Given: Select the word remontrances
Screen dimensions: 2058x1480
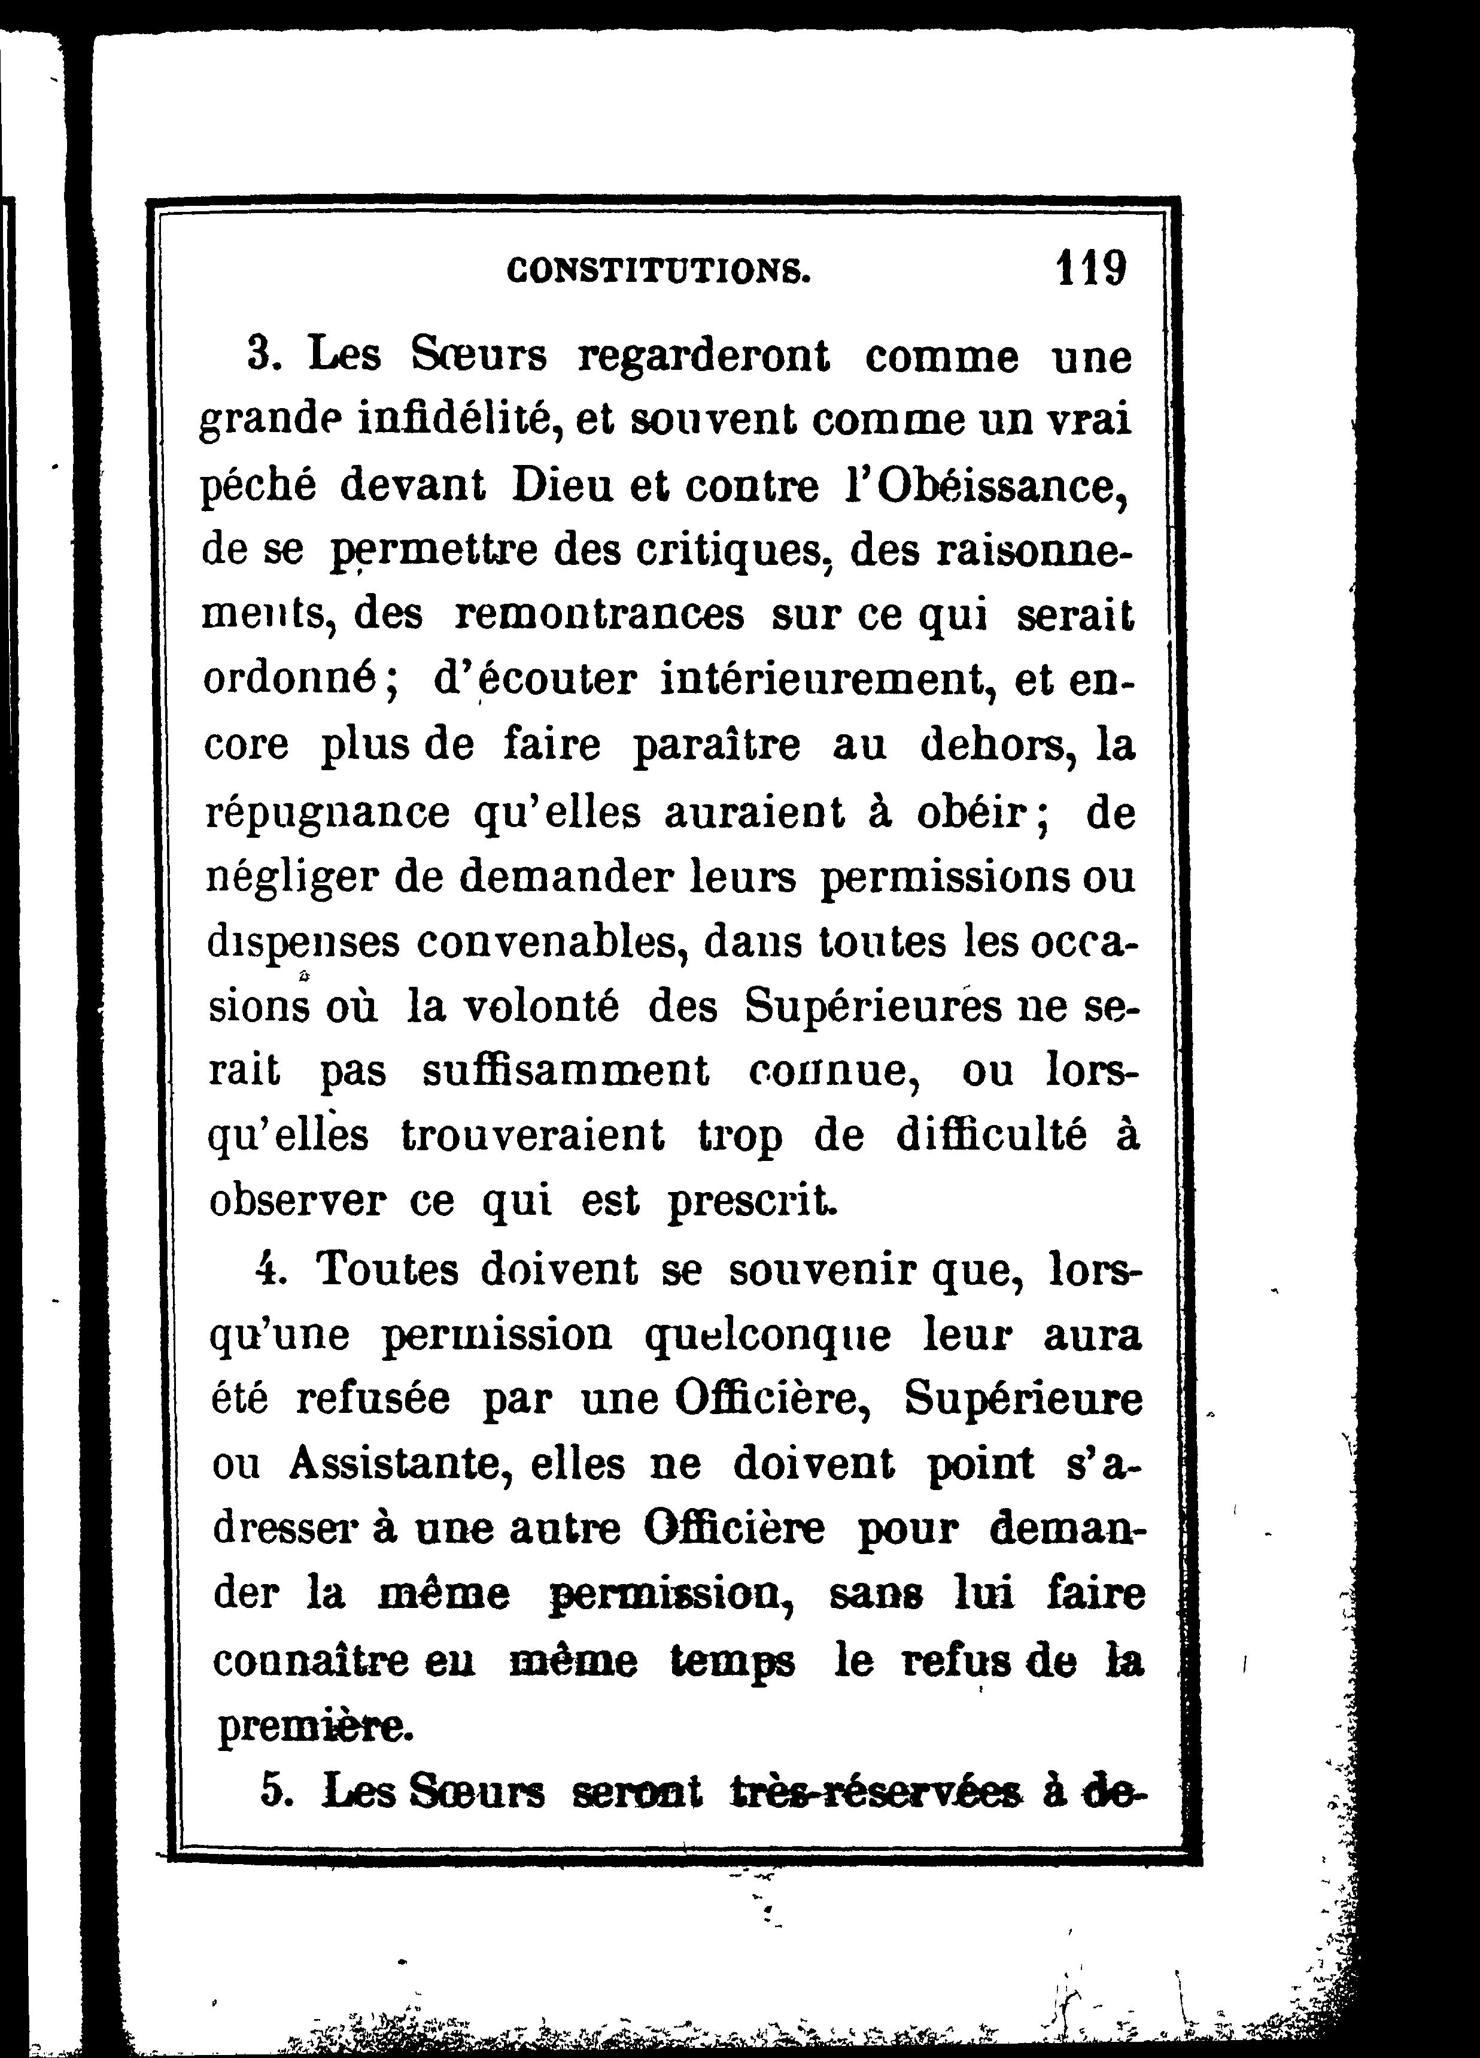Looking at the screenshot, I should tap(598, 615).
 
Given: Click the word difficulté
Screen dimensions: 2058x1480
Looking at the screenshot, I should tap(991, 1136).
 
